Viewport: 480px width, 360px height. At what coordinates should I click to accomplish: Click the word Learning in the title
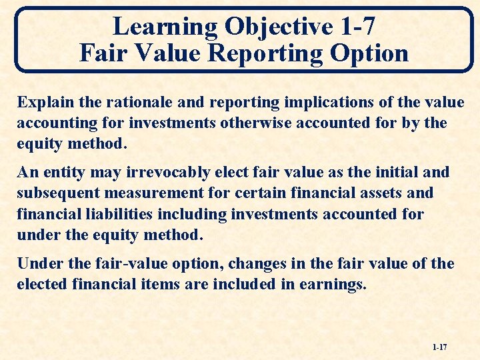click(165, 27)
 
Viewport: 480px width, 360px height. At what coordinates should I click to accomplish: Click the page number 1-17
click(439, 347)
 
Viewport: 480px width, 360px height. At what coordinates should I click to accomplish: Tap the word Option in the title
click(371, 52)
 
